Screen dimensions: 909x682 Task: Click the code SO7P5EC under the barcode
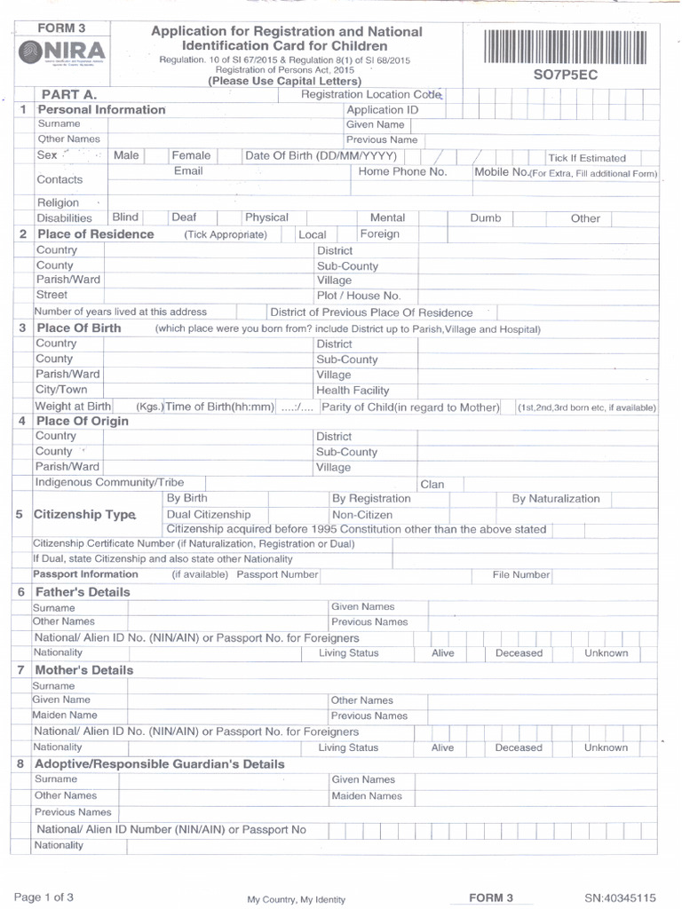tap(566, 75)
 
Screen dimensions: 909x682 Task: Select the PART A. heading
tap(69, 94)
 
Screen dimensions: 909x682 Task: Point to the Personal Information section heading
tap(101, 110)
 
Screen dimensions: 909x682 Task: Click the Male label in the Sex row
tap(126, 155)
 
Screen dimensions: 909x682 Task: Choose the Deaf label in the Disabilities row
tap(184, 217)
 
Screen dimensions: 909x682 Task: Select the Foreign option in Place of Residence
tap(379, 234)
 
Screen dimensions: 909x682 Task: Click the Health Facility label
tap(353, 391)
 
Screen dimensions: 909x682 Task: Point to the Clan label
tap(432, 485)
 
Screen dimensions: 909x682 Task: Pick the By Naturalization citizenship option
tap(556, 499)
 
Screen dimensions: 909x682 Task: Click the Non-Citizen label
tap(361, 515)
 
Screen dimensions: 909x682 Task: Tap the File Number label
tap(521, 575)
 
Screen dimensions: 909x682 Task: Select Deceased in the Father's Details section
tap(519, 653)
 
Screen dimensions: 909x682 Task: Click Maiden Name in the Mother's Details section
tap(65, 715)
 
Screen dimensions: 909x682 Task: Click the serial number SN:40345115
tap(620, 898)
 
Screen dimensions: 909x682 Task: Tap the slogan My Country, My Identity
tap(296, 900)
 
